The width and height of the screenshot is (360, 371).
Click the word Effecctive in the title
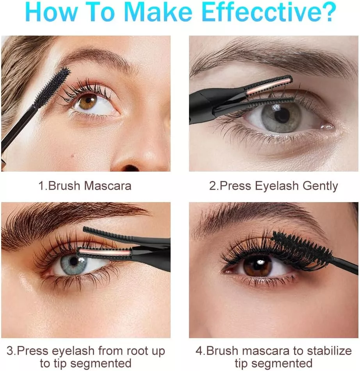(x=269, y=11)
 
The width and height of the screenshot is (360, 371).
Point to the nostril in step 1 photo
(x=130, y=168)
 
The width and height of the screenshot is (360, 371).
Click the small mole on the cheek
(x=73, y=156)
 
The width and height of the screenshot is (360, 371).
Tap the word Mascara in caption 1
(x=107, y=186)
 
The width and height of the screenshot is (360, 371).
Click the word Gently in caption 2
(x=320, y=186)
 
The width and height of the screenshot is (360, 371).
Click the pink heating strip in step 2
(x=268, y=87)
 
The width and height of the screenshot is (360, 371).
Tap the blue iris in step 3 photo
(x=73, y=263)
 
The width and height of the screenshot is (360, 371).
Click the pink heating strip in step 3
(x=104, y=253)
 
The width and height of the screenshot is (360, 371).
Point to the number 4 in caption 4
(x=200, y=351)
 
